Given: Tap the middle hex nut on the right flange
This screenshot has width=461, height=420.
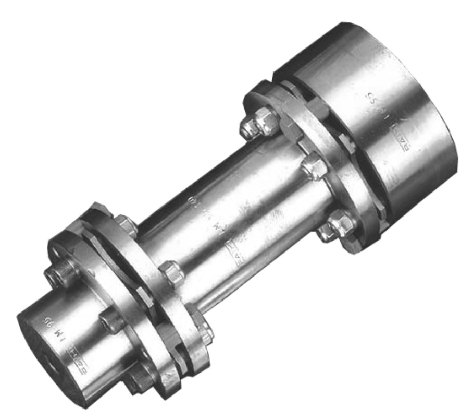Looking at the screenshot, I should pos(314,166).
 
